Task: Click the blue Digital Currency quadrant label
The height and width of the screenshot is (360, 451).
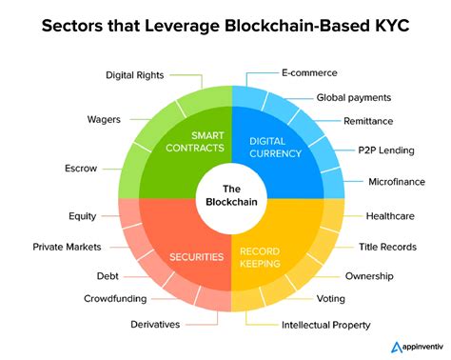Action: pos(274,146)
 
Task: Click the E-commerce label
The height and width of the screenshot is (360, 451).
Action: pos(309,72)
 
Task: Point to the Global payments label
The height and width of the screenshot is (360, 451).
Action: pos(353,97)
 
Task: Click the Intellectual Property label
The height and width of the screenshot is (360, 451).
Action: pos(325,325)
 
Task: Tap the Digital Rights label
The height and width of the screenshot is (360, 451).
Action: pos(136,73)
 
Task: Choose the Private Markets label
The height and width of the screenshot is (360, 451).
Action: pos(63,247)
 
